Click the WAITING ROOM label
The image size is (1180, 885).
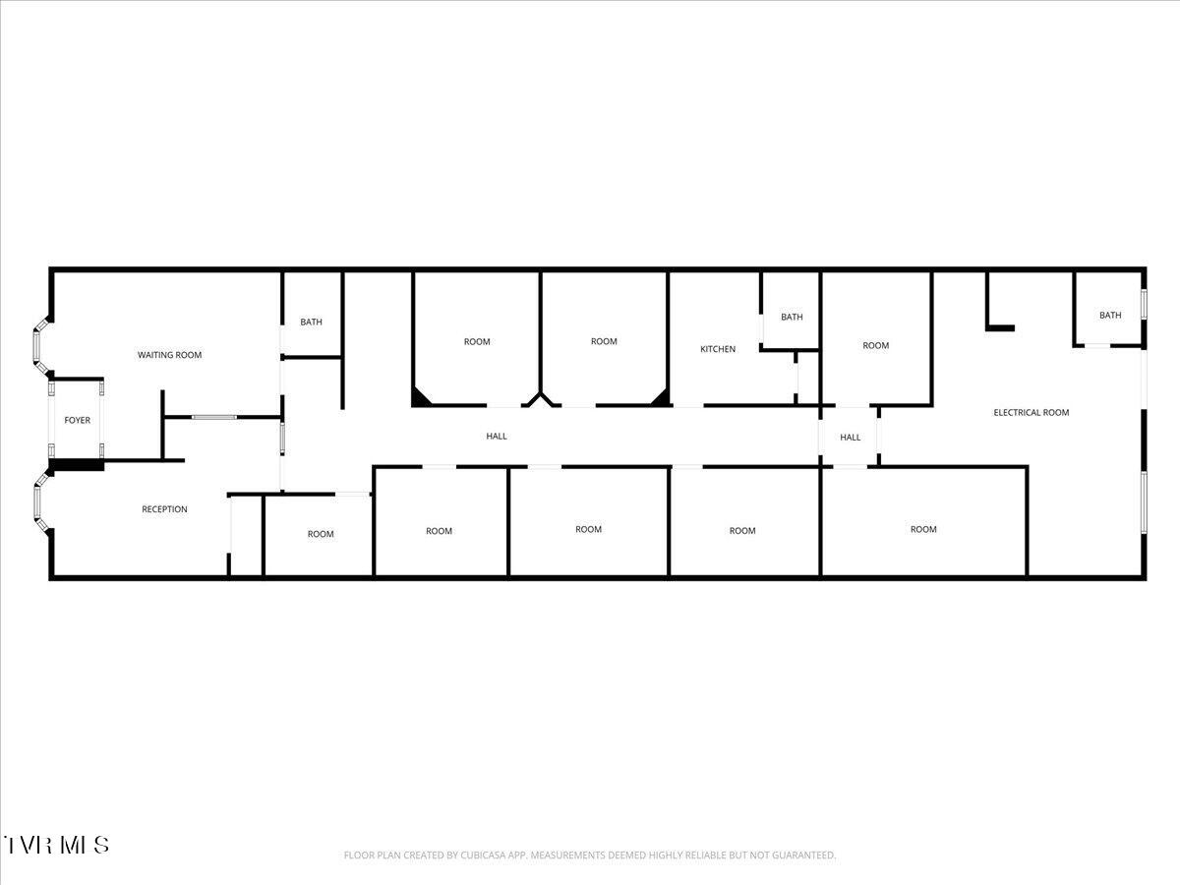coord(169,355)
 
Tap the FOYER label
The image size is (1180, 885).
coord(78,420)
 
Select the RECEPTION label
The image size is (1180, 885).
coord(164,508)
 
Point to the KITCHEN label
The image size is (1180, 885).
coord(718,349)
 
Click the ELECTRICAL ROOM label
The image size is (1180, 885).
coord(1032,413)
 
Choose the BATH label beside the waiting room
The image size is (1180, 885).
coord(312,322)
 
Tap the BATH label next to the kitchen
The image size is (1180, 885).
coord(792,317)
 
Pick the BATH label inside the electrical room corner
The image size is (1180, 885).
coord(1110,316)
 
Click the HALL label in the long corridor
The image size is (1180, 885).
coord(497,437)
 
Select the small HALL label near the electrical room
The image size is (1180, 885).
coord(850,438)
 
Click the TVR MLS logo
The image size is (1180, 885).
coord(56,845)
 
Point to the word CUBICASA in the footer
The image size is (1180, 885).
coord(480,855)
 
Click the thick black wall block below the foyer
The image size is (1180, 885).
coord(77,465)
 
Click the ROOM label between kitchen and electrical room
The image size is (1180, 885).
coord(876,345)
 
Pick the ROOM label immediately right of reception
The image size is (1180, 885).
coord(321,534)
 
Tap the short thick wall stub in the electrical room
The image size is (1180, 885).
coord(1000,327)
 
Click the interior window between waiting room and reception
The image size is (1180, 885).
coord(214,417)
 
